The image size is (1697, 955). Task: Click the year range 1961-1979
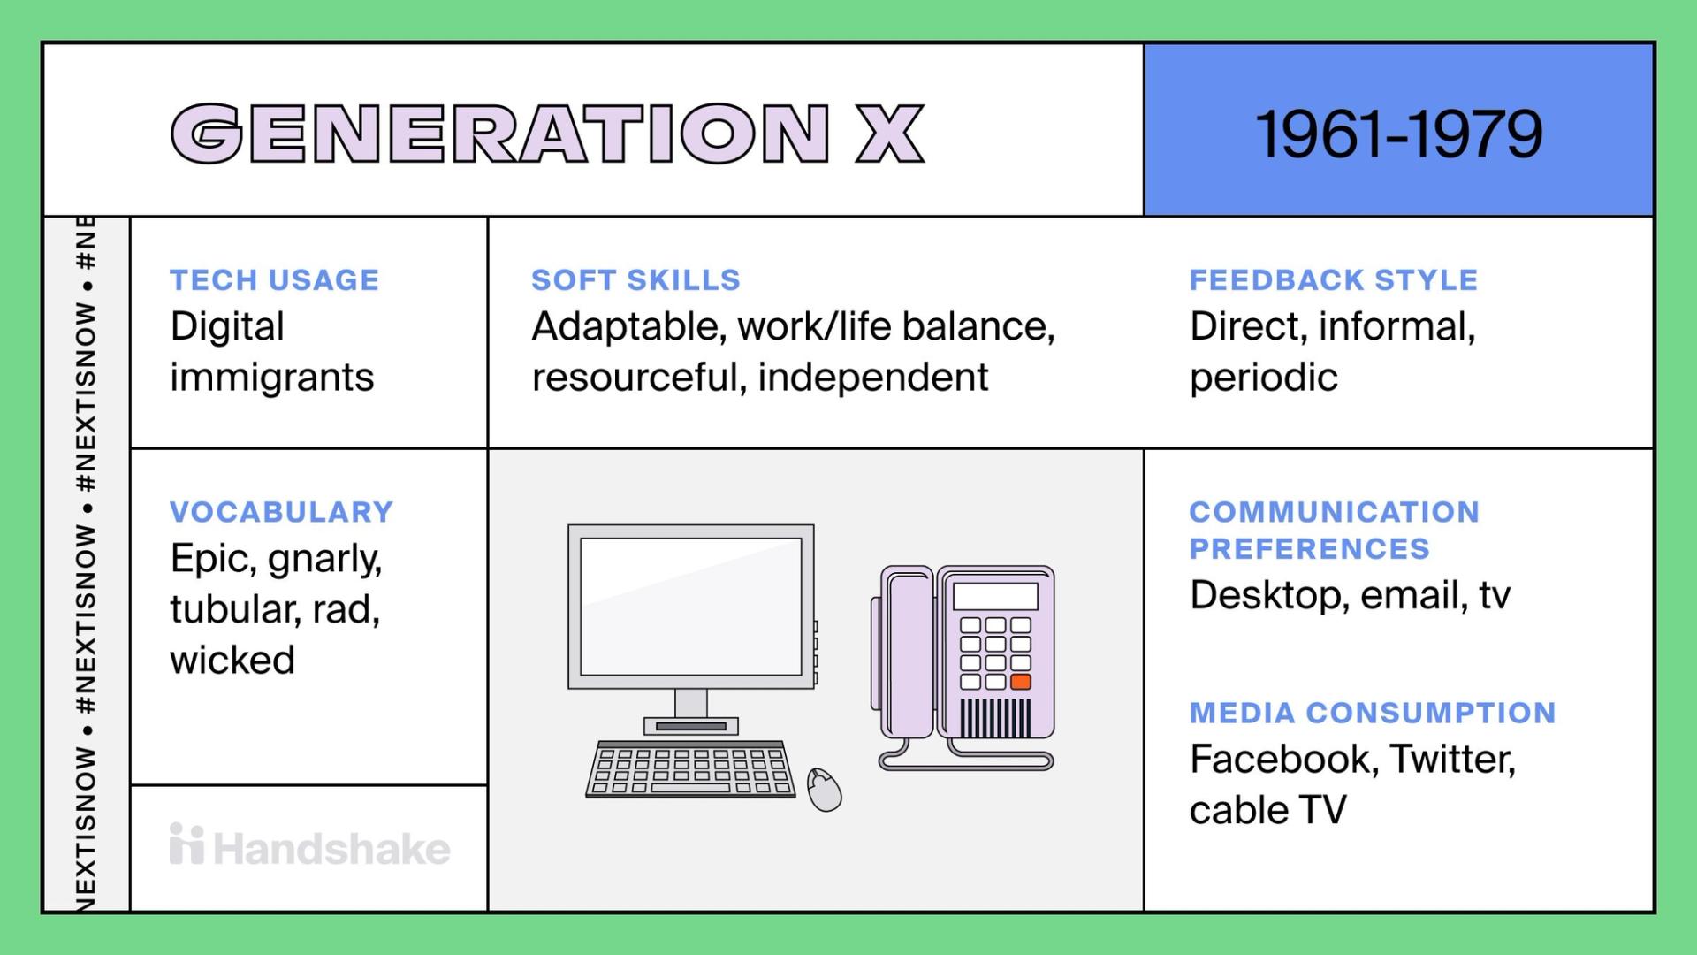point(1398,134)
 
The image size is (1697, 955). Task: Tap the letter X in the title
point(890,134)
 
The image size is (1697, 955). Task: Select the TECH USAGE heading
point(274,280)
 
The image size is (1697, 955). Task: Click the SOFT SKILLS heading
point(635,280)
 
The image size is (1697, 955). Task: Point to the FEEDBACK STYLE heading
point(1333,280)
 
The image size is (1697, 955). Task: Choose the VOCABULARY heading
point(281,512)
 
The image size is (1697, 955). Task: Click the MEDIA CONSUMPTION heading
point(1372,713)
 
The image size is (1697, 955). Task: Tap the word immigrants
point(271,378)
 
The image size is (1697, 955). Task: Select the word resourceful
point(630,378)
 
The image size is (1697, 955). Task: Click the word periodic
point(1263,378)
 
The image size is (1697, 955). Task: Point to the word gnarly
point(324,560)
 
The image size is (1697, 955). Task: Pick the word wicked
point(232,661)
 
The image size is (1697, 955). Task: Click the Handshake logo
point(309,847)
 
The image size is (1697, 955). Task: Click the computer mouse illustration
point(824,789)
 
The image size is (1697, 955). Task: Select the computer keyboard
point(689,769)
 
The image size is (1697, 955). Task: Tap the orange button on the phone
point(1021,682)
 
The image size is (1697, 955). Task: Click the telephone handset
point(906,654)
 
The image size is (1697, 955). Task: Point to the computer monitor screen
point(690,606)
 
